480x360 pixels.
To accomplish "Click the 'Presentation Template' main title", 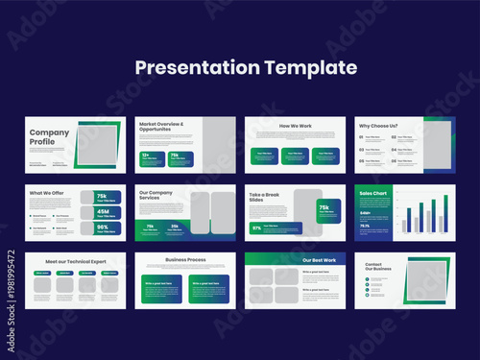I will point(246,68).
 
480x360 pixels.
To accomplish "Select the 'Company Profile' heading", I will point(48,137).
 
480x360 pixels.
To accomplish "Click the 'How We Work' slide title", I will point(295,126).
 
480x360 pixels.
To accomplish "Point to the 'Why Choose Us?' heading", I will point(379,126).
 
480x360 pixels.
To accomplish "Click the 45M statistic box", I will point(106,211).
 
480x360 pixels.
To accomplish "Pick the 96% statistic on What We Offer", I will point(106,228).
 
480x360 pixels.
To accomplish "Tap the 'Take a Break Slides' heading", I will point(270,198).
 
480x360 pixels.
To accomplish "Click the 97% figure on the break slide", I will point(256,228).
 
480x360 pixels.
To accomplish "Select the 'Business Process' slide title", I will point(185,259).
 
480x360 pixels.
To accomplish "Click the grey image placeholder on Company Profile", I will point(96,145).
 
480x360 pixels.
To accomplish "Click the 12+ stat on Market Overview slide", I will point(146,155).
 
